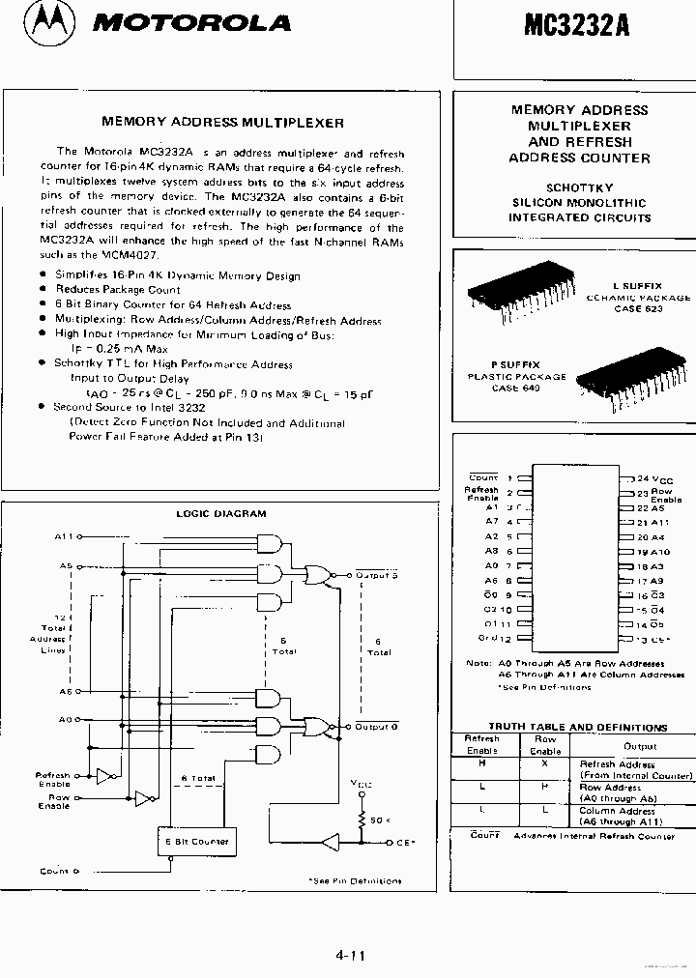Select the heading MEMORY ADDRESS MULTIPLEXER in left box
pyautogui.click(x=223, y=123)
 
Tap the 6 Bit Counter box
pyautogui.click(x=196, y=842)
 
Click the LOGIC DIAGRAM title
pyautogui.click(x=220, y=514)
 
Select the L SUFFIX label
pyautogui.click(x=638, y=286)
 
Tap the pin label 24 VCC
pyautogui.click(x=653, y=479)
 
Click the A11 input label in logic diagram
pyautogui.click(x=64, y=536)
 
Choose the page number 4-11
pyautogui.click(x=350, y=956)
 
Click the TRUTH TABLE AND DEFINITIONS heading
pyautogui.click(x=577, y=727)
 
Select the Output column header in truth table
pyautogui.click(x=639, y=745)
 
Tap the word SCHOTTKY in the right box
pyautogui.click(x=579, y=187)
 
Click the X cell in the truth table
pyautogui.click(x=544, y=763)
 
